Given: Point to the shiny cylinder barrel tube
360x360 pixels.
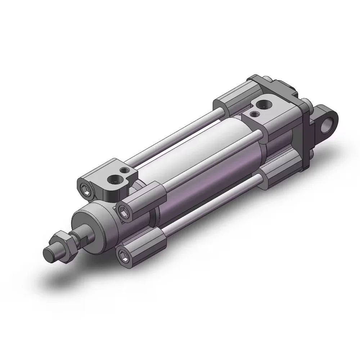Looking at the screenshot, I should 202,158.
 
